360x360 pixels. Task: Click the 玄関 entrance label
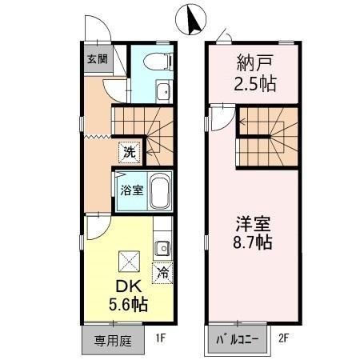click(96, 58)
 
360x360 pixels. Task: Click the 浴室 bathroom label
click(131, 190)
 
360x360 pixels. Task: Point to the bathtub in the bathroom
click(160, 191)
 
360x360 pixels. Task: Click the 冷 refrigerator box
click(163, 273)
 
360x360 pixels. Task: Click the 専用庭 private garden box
click(111, 339)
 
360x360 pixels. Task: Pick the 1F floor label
click(161, 338)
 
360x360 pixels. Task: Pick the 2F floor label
click(285, 338)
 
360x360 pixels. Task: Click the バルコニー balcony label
click(238, 339)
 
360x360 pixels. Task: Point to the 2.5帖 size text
click(254, 83)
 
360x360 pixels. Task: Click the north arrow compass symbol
click(190, 20)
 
